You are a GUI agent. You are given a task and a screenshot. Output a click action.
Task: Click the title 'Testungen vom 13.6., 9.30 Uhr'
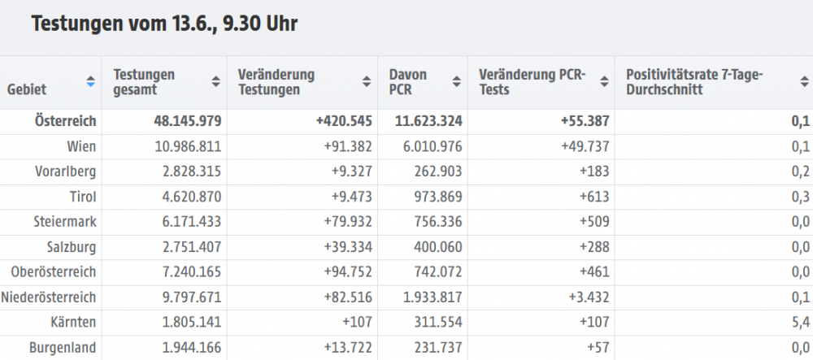pos(163,24)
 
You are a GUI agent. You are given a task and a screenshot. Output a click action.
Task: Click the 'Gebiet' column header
pos(27,89)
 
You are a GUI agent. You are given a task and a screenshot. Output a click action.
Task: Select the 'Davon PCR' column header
pos(408,81)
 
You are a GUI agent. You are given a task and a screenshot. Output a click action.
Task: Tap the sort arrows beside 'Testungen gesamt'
pos(215,81)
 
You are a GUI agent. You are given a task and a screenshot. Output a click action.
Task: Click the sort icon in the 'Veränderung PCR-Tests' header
pos(602,81)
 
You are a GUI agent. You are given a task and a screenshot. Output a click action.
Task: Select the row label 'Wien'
pos(83,146)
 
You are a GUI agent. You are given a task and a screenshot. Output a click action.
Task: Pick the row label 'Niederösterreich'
pos(50,297)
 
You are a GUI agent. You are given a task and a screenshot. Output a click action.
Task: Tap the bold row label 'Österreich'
pos(66,121)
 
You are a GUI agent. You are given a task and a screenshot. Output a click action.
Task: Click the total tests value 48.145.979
pos(187,121)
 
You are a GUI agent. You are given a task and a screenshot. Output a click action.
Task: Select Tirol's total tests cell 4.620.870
pos(187,197)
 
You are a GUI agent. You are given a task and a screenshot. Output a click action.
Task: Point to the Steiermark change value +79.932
pos(344,222)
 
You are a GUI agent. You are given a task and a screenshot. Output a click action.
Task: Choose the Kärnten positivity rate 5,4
pos(800,323)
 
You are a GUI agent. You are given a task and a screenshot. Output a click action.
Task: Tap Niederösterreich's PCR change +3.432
pos(585,297)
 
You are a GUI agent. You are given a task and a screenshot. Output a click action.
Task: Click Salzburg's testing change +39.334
pos(344,247)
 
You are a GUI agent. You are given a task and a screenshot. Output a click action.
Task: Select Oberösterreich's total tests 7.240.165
pos(187,272)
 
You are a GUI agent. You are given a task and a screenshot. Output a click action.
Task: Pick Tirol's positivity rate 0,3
pos(800,197)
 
